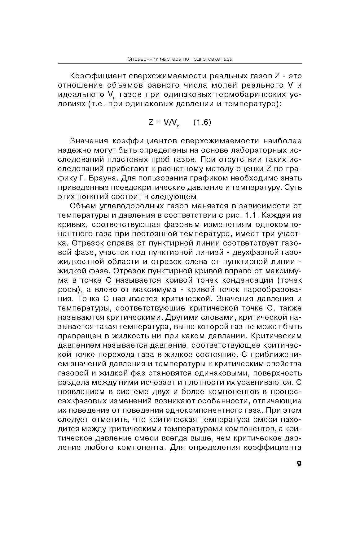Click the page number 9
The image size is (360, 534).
click(299, 463)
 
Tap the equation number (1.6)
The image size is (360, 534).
click(202, 123)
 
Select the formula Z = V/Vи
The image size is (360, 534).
click(164, 123)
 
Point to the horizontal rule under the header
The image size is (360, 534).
click(180, 64)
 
